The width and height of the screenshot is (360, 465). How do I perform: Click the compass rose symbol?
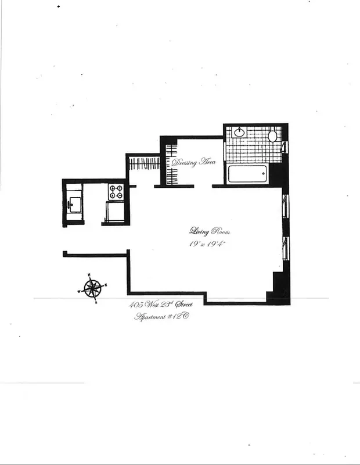(92, 288)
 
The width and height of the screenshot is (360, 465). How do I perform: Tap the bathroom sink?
(239, 133)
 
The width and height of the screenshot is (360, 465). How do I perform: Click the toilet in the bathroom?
(272, 136)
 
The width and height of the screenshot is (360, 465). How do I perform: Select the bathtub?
(247, 174)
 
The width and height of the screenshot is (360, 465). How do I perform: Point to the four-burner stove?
(117, 191)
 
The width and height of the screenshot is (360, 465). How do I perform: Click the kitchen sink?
(74, 204)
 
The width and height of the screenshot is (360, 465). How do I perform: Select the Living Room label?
(201, 231)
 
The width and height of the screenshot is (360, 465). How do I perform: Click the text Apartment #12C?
(162, 317)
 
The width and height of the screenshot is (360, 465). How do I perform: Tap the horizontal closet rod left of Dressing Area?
(143, 163)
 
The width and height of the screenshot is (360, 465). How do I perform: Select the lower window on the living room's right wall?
(285, 248)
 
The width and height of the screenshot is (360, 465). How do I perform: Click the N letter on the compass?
(89, 274)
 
